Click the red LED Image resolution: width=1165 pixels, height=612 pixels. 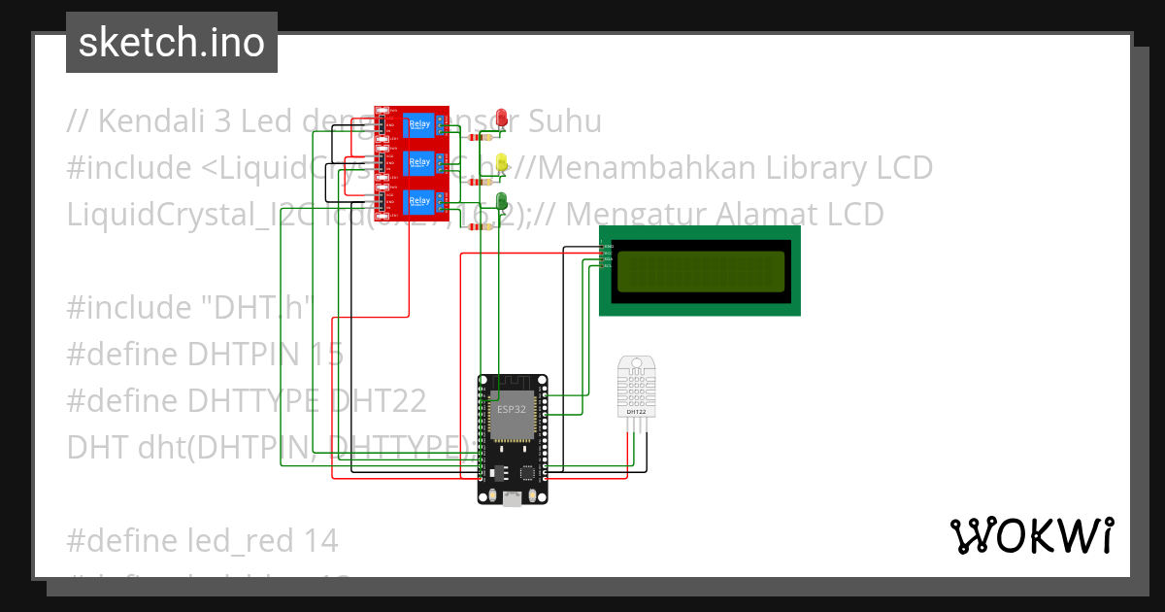tap(502, 118)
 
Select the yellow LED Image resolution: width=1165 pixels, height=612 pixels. tap(502, 161)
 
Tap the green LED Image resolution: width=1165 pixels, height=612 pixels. tap(502, 201)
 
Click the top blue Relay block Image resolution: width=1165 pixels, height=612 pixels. tap(419, 123)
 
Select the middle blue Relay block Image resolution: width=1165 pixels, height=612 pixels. tap(419, 161)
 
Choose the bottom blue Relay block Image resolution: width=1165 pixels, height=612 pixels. tap(419, 201)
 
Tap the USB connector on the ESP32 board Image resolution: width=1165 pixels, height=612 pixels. tap(512, 497)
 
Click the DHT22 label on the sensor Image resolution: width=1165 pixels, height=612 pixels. tap(636, 412)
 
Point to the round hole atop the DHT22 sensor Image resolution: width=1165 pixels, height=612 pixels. tap(636, 366)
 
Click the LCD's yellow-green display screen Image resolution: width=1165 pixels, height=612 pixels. tap(700, 271)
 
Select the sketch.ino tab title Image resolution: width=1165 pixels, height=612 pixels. tap(172, 43)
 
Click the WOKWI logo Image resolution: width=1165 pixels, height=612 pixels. tap(1031, 535)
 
